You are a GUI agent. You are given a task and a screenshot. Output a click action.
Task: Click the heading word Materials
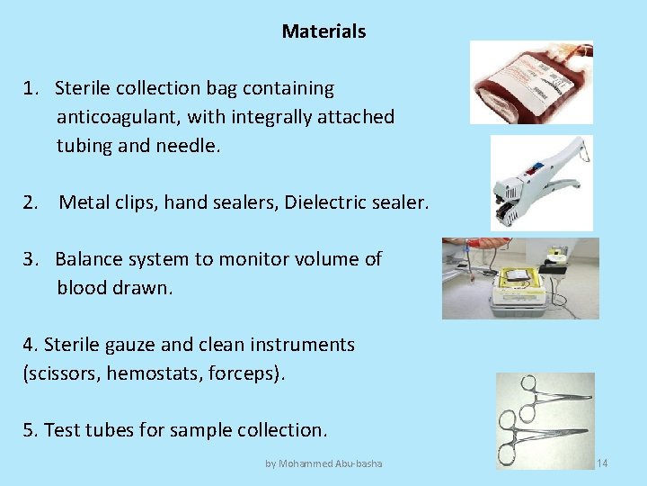point(323,31)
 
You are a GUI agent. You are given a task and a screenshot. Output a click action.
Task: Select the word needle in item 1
point(189,146)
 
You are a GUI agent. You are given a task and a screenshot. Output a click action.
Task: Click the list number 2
point(31,203)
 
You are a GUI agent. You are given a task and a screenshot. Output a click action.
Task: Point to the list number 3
point(31,259)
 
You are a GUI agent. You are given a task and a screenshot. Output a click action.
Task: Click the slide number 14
point(602,463)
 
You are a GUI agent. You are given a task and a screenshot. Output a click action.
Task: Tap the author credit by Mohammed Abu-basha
point(323,463)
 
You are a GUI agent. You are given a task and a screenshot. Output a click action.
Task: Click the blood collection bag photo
point(531,82)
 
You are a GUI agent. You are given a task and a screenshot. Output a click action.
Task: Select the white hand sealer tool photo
point(541,182)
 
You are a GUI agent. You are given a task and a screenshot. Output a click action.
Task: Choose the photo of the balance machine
point(519,278)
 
